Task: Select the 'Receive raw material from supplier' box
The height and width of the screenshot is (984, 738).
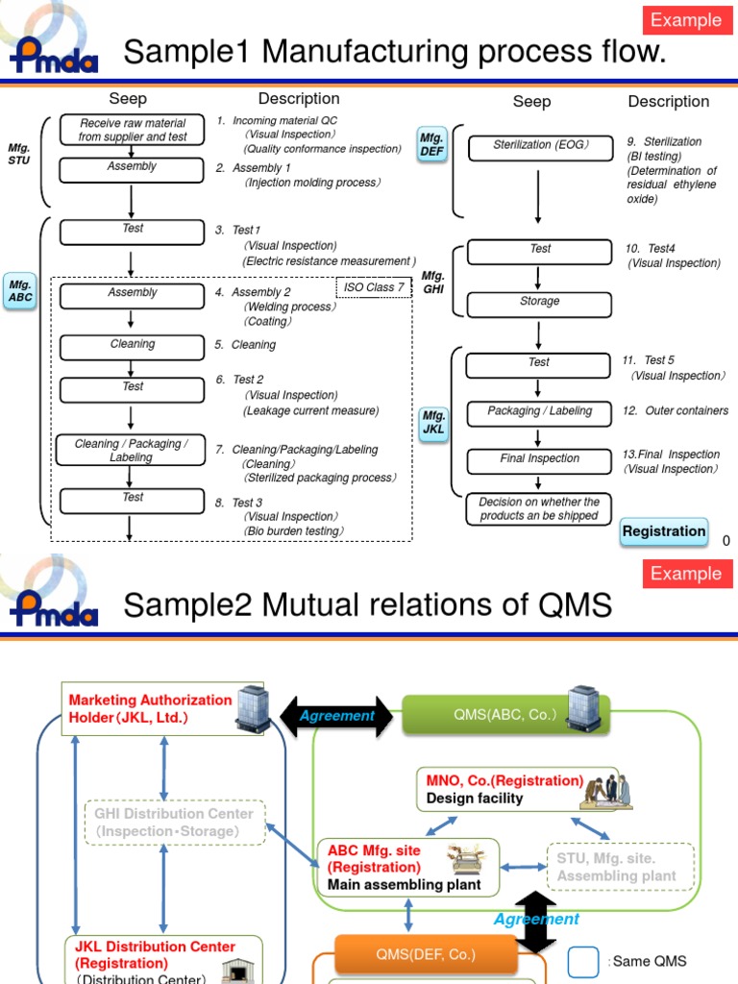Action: [132, 130]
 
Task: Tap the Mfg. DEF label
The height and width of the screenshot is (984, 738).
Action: [432, 145]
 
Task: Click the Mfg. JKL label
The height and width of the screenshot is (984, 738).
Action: [433, 422]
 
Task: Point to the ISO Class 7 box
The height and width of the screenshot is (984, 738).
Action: [374, 288]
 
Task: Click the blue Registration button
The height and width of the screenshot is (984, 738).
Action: [664, 531]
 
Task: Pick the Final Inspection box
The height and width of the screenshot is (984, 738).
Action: [539, 460]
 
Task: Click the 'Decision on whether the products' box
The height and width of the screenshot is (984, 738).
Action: [539, 509]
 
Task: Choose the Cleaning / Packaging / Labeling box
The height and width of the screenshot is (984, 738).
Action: [132, 450]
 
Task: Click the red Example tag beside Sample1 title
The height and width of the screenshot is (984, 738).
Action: [686, 20]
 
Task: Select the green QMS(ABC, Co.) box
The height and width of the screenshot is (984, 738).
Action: [505, 715]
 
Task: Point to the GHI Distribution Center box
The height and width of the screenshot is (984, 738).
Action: [174, 823]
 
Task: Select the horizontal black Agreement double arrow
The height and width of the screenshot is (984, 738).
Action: [336, 716]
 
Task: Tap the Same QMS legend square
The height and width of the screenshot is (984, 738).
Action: [584, 961]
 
